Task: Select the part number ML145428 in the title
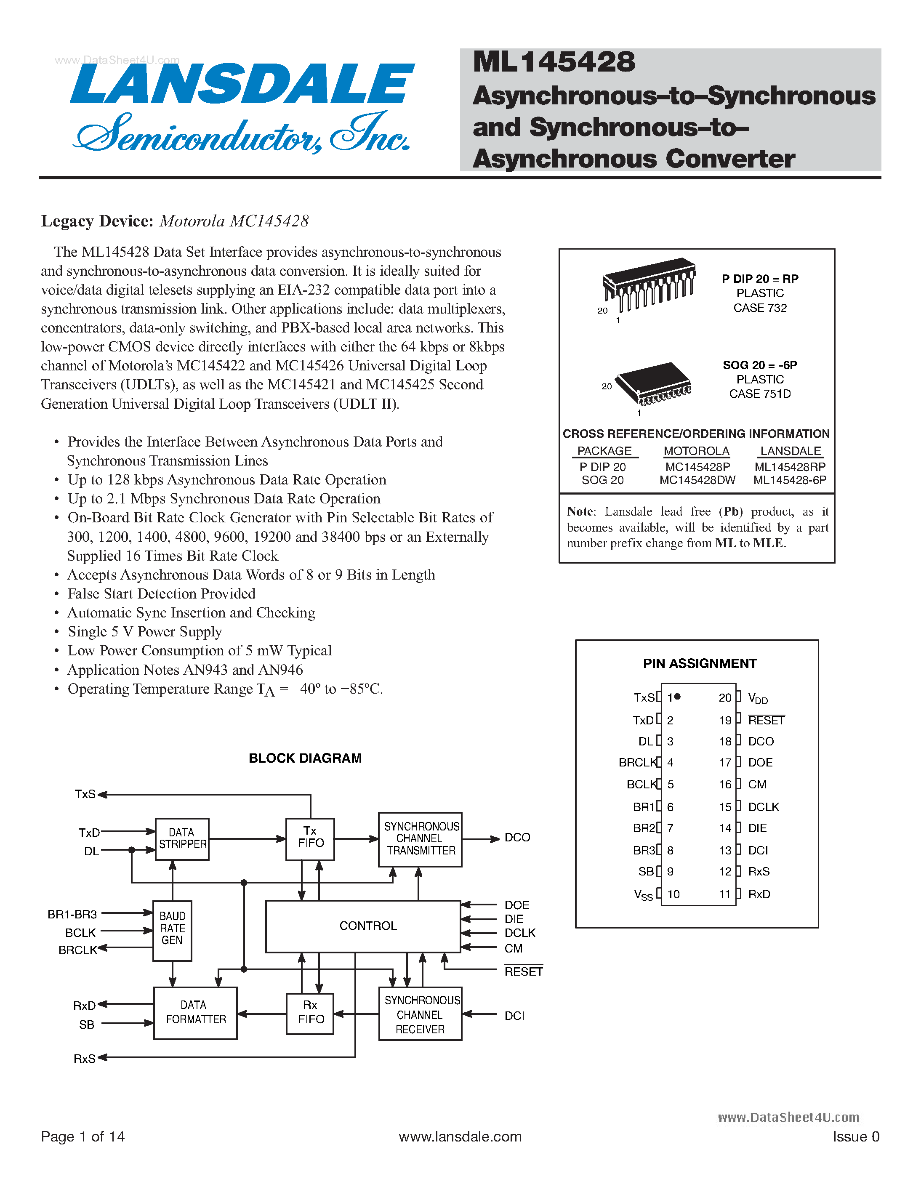click(554, 62)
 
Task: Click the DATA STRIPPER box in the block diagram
click(182, 839)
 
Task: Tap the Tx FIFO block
click(310, 839)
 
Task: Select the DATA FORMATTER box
click(195, 1013)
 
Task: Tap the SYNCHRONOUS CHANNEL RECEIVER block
click(420, 1014)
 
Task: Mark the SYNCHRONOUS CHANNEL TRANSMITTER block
click(420, 839)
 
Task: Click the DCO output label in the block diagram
click(517, 838)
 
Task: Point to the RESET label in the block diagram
click(523, 971)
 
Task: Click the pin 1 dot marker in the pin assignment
click(677, 697)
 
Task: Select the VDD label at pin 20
click(757, 698)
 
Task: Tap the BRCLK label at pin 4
click(637, 763)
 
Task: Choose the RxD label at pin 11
click(759, 894)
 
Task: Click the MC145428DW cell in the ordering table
click(697, 480)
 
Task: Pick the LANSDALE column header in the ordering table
click(791, 451)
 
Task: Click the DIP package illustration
click(649, 285)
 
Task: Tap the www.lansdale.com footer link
click(460, 1137)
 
